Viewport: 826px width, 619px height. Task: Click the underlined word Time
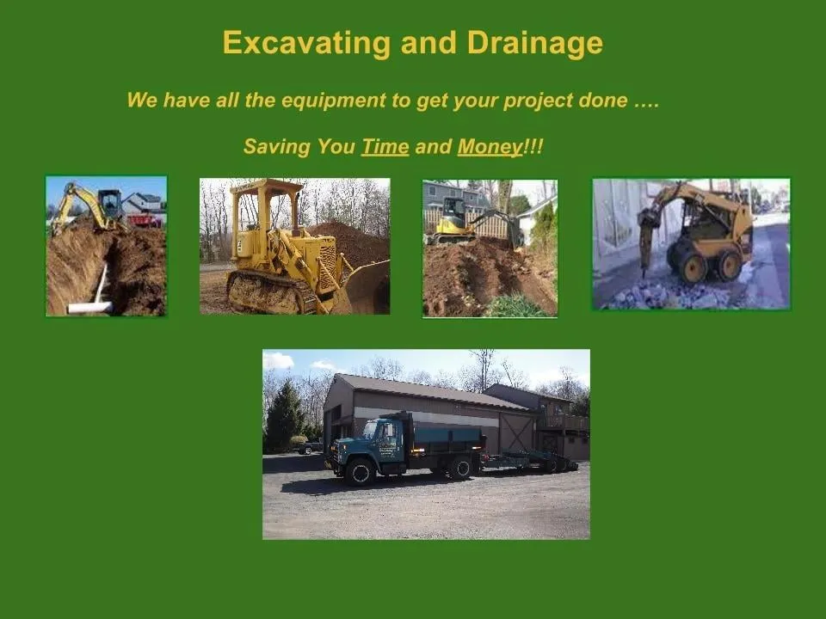click(385, 147)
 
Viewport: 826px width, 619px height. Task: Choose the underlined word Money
click(490, 147)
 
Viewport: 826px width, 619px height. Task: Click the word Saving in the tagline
click(275, 147)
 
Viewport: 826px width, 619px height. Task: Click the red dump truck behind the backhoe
click(144, 220)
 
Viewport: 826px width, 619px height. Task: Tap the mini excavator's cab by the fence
click(453, 211)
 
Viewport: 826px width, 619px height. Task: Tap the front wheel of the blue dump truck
click(361, 471)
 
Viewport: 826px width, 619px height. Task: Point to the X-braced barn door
click(518, 433)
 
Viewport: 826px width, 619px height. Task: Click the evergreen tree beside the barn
click(284, 419)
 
